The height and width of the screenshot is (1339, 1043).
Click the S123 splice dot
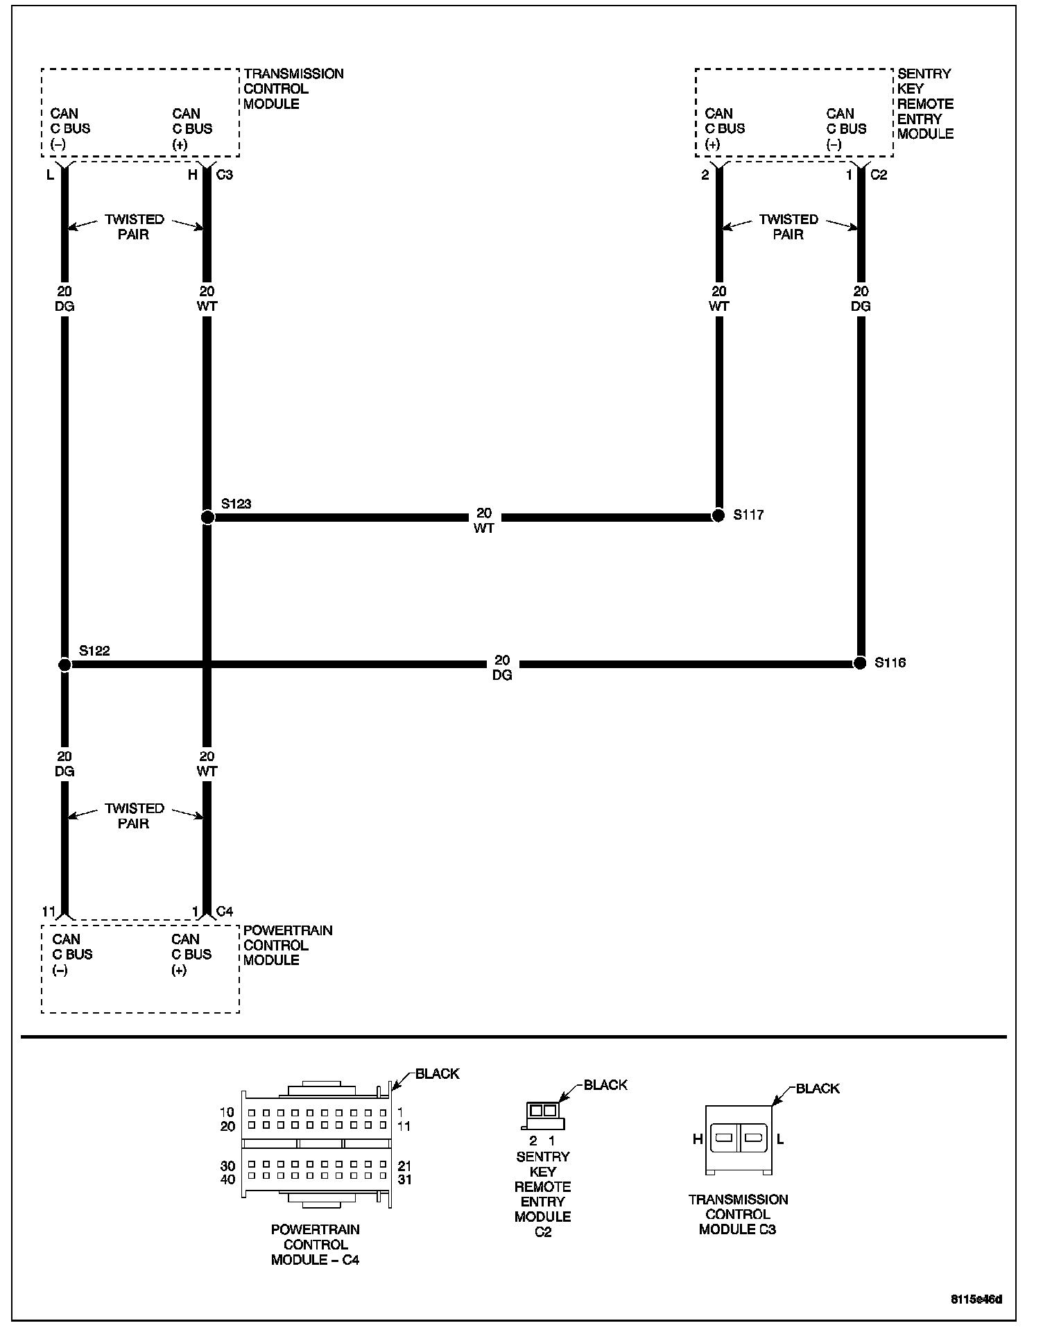(207, 517)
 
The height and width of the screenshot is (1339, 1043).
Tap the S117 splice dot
(718, 516)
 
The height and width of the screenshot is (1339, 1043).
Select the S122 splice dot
(64, 665)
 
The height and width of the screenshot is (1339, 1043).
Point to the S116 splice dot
(860, 663)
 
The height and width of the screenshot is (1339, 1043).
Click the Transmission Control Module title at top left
(293, 89)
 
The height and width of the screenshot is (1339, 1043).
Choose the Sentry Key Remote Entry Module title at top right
(925, 103)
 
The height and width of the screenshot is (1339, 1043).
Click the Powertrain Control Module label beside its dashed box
(288, 945)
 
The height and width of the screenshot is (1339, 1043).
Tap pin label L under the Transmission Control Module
(50, 175)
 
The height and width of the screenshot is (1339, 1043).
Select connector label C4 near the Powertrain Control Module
(225, 911)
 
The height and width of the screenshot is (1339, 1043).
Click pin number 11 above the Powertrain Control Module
(49, 911)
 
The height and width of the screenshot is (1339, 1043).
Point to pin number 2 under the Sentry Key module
(705, 175)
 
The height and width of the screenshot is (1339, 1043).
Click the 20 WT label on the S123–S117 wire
(484, 520)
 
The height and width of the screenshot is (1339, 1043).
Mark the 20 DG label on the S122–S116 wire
(502, 667)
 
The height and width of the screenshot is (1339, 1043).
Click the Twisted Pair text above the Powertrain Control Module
(134, 816)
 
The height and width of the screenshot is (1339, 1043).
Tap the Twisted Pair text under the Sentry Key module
(788, 227)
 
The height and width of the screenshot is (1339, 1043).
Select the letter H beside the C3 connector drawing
(698, 1138)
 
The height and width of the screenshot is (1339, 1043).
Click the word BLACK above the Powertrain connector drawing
(437, 1074)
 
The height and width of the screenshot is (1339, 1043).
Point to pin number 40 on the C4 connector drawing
(227, 1179)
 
